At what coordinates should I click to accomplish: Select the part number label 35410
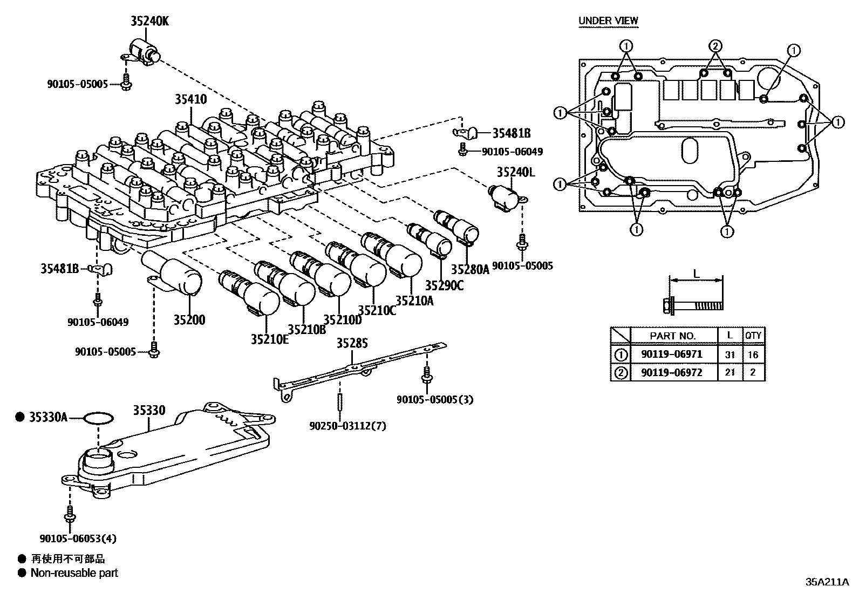coord(190,99)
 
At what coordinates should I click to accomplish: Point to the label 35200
coord(189,319)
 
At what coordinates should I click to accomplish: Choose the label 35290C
coord(444,285)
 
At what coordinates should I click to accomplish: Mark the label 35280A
coord(469,269)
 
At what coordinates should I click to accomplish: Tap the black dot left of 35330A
coord(21,417)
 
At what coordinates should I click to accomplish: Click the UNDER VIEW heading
coord(608,21)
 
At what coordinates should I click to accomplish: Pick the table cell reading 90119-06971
coord(672,355)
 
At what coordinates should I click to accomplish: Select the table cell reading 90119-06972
coord(672,372)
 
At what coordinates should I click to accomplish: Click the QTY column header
coord(753,335)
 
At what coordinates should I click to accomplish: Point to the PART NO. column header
coord(672,336)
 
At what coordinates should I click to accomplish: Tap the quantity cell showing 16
coord(753,355)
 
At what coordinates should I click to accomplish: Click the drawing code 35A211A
coord(827,582)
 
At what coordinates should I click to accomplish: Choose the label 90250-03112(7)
coord(348,426)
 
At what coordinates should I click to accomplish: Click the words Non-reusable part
coord(74,573)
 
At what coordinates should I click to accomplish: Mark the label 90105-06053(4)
coord(78,538)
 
